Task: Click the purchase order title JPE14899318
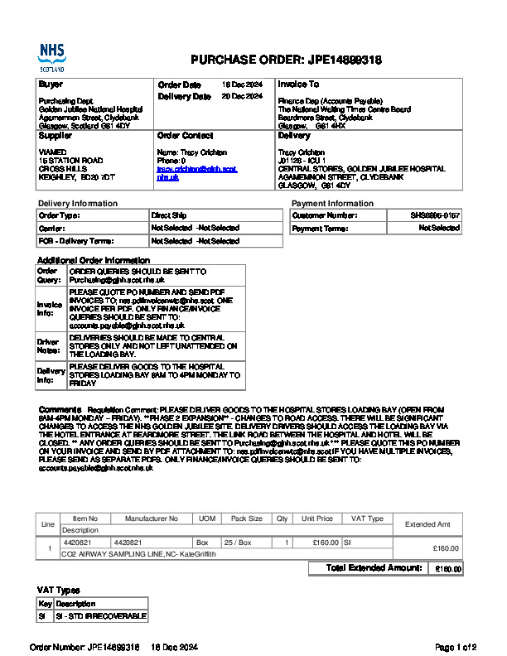[286, 60]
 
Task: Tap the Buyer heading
[51, 84]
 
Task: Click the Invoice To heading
[298, 84]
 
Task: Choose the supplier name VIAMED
[51, 152]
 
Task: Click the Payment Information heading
[332, 204]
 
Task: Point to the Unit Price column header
[317, 519]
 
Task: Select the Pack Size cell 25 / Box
[247, 543]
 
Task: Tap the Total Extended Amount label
[374, 568]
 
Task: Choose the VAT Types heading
[58, 590]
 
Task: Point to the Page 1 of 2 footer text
[455, 646]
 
